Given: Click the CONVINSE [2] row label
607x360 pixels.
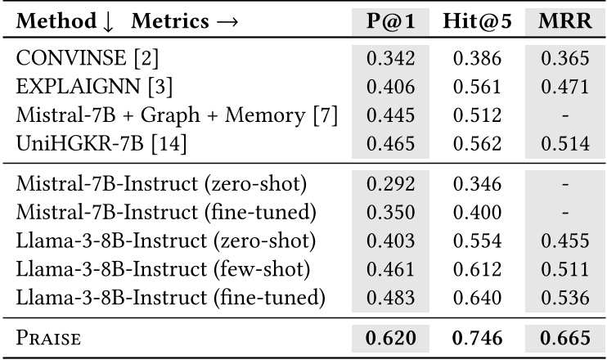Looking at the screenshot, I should click(x=78, y=58).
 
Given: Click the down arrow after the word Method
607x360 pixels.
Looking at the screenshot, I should click(x=107, y=21).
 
